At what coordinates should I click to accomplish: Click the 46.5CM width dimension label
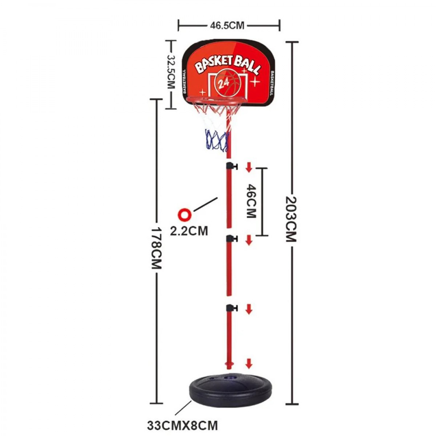227,25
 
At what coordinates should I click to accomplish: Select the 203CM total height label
291,219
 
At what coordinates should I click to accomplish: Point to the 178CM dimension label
156,248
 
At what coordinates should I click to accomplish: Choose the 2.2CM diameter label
189,231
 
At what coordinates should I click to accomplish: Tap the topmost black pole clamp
231,166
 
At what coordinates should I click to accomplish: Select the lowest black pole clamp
231,308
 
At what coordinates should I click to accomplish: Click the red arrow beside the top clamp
249,167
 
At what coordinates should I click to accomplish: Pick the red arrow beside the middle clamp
249,240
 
